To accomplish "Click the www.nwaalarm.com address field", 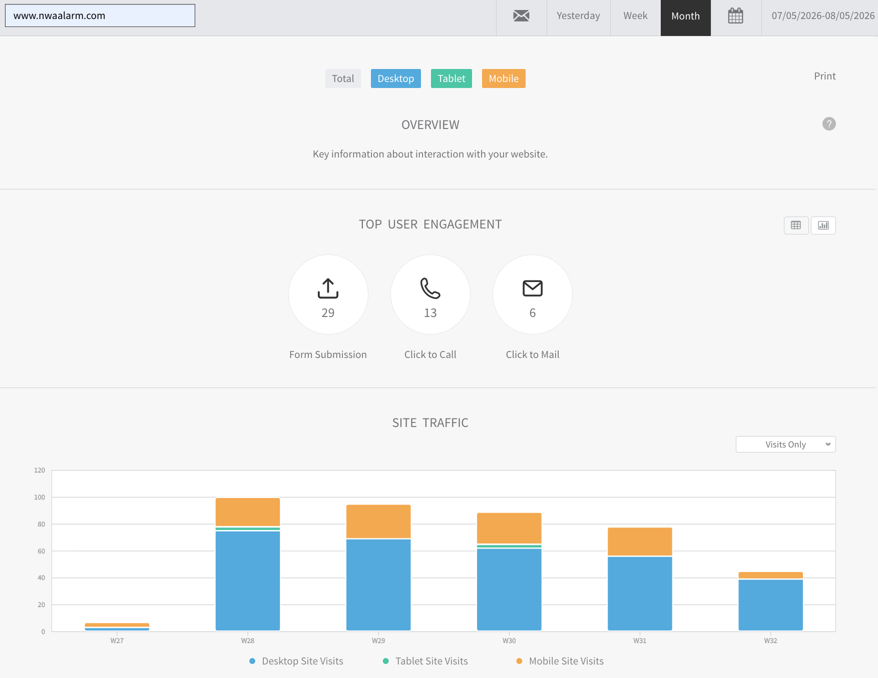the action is [x=100, y=15].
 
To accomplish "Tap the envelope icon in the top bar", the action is [x=521, y=16].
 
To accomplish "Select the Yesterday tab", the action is [x=578, y=16].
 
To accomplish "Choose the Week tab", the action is [x=635, y=16].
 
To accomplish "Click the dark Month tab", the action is [x=686, y=16].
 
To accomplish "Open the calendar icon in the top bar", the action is [x=735, y=16].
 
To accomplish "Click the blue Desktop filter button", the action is [x=396, y=78].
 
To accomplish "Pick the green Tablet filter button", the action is [x=452, y=78].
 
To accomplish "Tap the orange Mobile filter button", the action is [x=504, y=78].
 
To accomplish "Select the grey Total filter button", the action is [x=343, y=78].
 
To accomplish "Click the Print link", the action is [x=825, y=76].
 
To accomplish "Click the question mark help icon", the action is [x=829, y=124].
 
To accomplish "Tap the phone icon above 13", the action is [x=430, y=288].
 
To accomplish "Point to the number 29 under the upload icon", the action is [x=328, y=313].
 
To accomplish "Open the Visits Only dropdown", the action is [x=786, y=444].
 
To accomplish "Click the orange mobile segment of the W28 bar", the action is [x=248, y=512].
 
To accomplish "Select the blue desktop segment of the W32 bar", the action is [x=771, y=605].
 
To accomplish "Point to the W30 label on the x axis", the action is [x=509, y=640].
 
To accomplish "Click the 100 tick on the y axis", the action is [x=40, y=497].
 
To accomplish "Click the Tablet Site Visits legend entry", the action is [x=425, y=661].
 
